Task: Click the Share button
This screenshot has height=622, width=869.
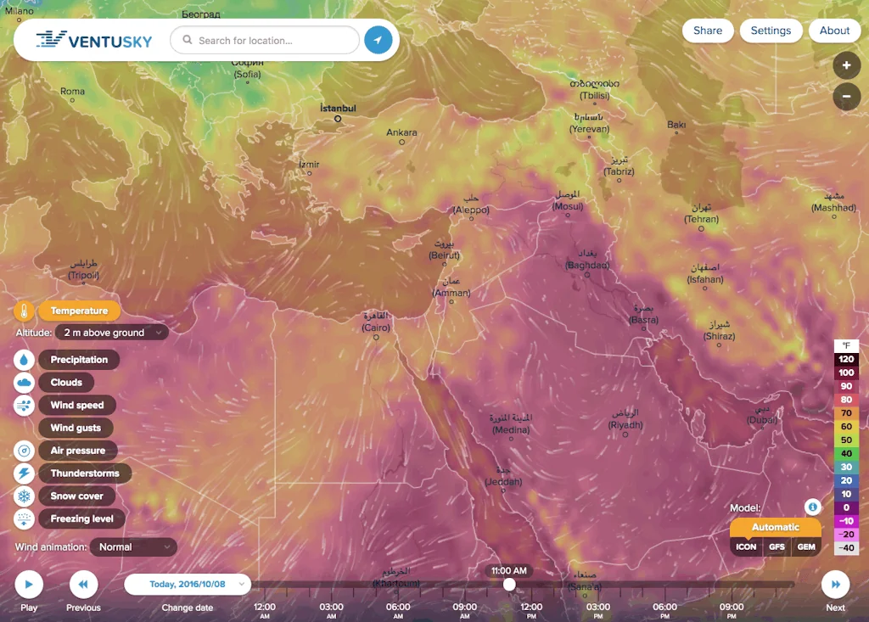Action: click(x=707, y=31)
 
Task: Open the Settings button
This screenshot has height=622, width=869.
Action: click(x=771, y=31)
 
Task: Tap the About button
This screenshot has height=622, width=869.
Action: click(x=834, y=31)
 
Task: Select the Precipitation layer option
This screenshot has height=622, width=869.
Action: click(x=79, y=360)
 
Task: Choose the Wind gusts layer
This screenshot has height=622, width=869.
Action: click(x=76, y=428)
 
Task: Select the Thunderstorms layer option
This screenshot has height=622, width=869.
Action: click(x=84, y=474)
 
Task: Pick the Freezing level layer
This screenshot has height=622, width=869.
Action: click(x=81, y=518)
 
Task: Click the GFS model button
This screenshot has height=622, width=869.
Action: click(x=776, y=547)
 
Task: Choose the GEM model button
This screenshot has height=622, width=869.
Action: click(x=806, y=547)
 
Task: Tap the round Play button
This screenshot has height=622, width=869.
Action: click(x=29, y=585)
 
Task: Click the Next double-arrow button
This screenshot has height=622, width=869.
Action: click(x=835, y=585)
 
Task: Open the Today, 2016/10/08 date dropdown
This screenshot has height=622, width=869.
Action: click(x=188, y=584)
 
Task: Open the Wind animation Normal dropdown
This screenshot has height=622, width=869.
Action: click(x=133, y=547)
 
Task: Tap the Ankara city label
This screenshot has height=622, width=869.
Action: click(x=401, y=132)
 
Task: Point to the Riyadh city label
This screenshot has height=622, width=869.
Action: click(x=625, y=424)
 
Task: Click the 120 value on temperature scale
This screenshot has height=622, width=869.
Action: click(x=846, y=360)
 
